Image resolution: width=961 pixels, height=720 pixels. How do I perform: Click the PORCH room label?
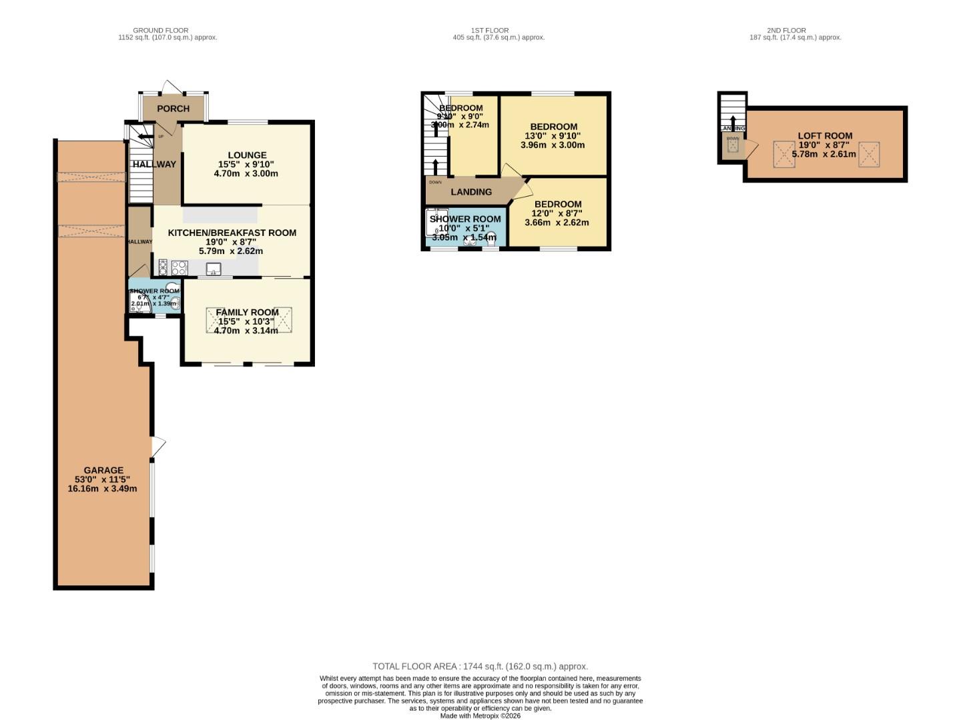coord(173,109)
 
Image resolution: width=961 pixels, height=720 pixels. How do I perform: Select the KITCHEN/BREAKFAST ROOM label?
coord(232,233)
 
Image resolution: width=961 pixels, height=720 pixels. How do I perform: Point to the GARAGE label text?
coord(103,470)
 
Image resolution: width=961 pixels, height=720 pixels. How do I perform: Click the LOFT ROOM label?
coord(825,136)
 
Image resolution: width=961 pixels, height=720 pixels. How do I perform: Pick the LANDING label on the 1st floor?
coord(471,192)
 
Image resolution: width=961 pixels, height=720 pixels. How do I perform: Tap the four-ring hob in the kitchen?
coord(180,268)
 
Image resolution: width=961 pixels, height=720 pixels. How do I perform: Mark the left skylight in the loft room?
coord(783,154)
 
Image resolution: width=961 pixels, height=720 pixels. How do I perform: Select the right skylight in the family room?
coord(282,319)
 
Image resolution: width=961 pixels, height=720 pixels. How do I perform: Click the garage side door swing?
coord(158,447)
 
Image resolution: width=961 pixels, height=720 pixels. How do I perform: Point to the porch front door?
coord(171,87)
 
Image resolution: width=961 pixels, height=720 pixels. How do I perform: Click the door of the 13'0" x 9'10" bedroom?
coord(513,172)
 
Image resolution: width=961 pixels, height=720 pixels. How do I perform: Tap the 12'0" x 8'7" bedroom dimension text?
coord(557,213)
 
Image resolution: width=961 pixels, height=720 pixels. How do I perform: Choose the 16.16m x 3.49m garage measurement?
coord(102,488)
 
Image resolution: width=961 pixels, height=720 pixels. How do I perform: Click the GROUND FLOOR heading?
coord(160,30)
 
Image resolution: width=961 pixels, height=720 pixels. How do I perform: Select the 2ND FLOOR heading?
coord(795,30)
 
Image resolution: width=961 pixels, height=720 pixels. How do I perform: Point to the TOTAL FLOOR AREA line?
coord(480,666)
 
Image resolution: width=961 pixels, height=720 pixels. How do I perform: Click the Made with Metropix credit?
coord(480,715)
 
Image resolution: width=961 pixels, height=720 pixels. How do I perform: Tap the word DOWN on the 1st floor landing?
coord(435,182)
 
